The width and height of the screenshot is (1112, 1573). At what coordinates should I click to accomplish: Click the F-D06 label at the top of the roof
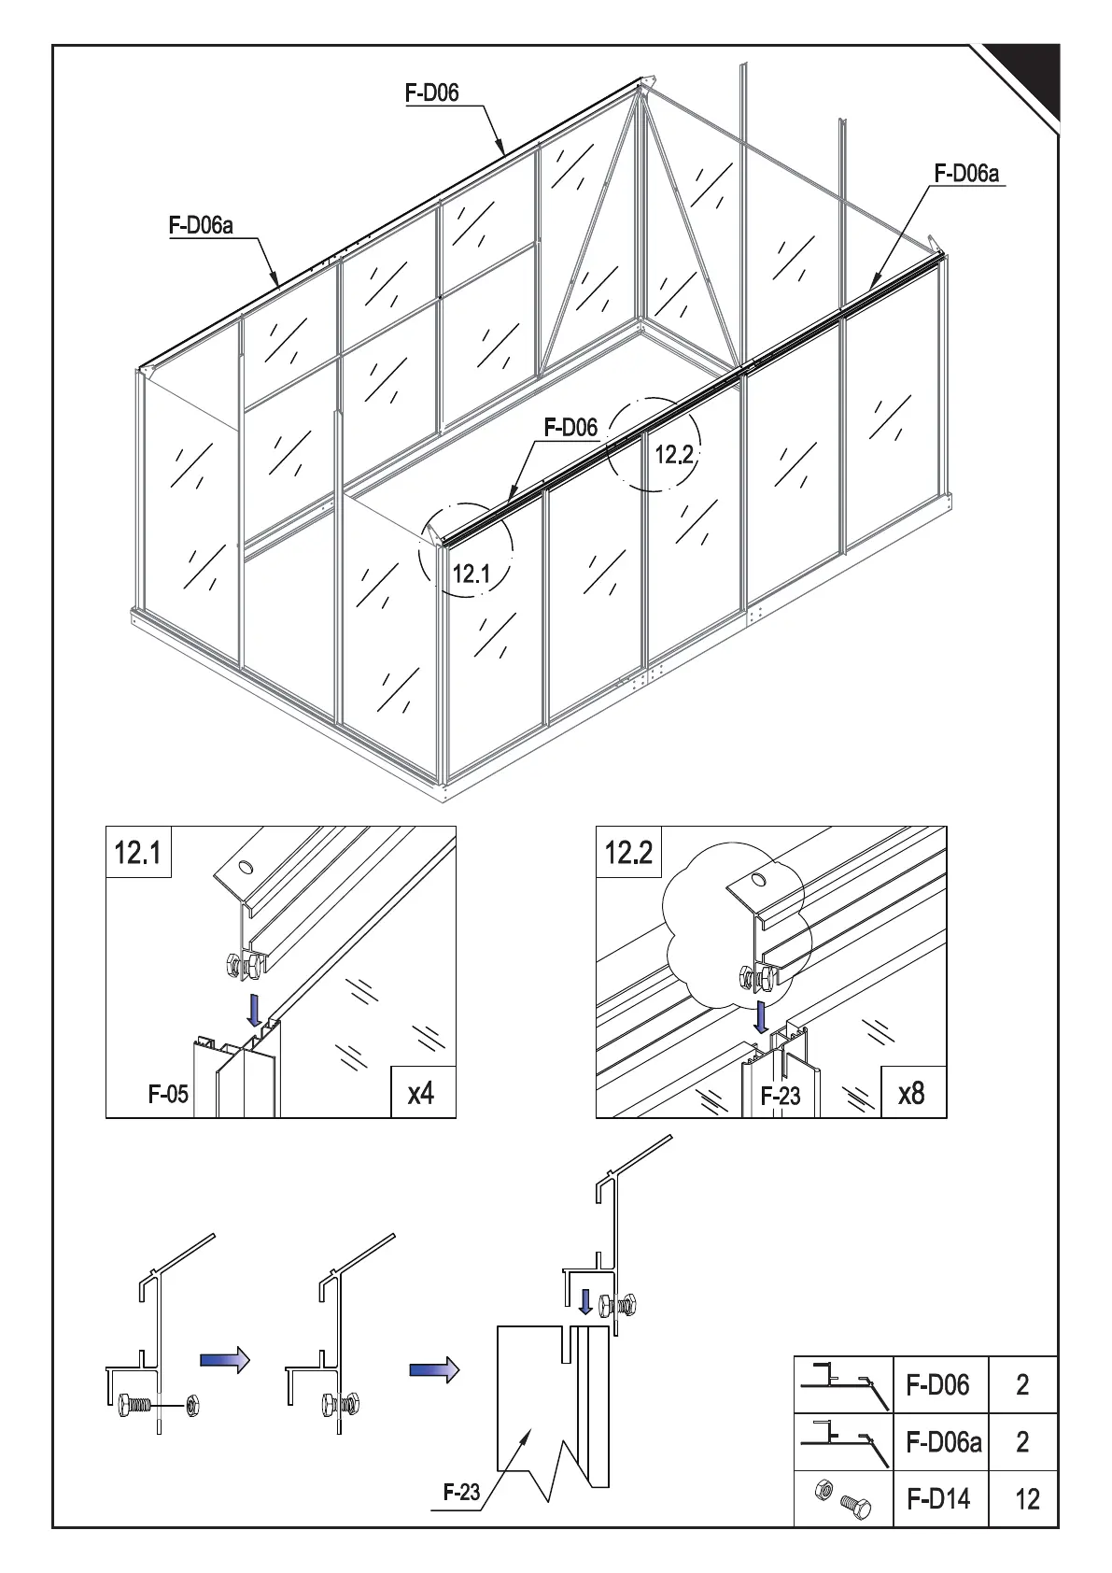(x=432, y=93)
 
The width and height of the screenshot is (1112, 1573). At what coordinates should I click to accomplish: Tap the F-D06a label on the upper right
(x=966, y=174)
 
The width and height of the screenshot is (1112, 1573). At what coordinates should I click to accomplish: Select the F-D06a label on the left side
(x=201, y=225)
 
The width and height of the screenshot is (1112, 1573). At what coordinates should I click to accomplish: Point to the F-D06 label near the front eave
(x=570, y=428)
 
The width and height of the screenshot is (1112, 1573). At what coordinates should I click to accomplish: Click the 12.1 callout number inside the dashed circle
(x=472, y=574)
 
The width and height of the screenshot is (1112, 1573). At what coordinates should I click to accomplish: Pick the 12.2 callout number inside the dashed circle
(x=674, y=455)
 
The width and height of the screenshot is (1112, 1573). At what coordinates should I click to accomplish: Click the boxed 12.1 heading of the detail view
(x=138, y=853)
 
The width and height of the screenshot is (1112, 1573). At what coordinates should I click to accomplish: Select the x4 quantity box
(x=422, y=1092)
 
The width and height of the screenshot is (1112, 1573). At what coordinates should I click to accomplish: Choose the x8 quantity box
(x=912, y=1092)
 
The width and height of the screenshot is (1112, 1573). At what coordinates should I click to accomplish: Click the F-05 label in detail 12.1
(x=168, y=1094)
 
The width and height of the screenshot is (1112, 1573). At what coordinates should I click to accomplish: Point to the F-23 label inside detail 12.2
(x=780, y=1096)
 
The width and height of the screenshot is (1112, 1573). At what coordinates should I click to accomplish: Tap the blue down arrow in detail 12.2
(x=763, y=1015)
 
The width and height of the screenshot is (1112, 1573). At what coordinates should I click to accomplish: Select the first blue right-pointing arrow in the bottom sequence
(x=225, y=1359)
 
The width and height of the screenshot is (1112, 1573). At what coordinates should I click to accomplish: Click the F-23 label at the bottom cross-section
(x=461, y=1492)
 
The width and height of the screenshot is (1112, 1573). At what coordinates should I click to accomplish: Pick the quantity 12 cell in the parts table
(x=1026, y=1499)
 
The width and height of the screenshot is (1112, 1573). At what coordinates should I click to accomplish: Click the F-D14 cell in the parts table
(x=938, y=1499)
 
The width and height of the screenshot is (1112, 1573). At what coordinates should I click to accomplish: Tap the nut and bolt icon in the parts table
(x=842, y=1497)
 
